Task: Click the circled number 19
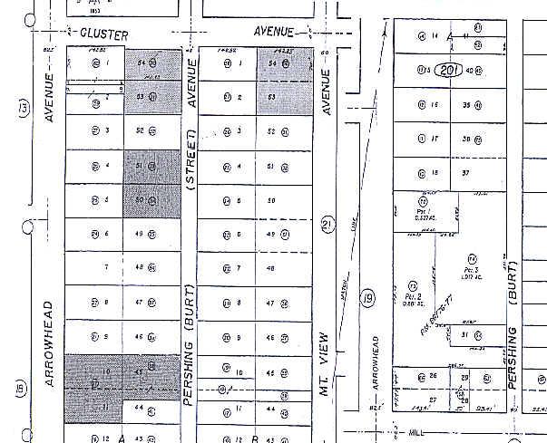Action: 368,297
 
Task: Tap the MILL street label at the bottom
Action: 418,434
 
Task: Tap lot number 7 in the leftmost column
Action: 107,267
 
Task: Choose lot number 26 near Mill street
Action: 434,376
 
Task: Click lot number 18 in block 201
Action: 435,173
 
